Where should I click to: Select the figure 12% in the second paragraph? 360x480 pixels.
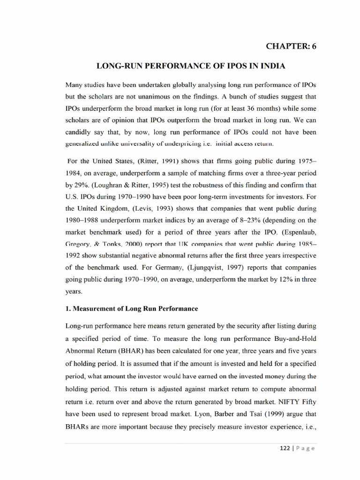click(x=283, y=280)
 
